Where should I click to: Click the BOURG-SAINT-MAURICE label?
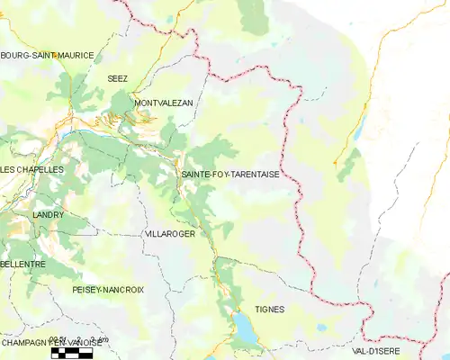(x=47, y=55)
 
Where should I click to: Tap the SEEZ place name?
(x=118, y=78)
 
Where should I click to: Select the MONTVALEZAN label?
(x=163, y=103)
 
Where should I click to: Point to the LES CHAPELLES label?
(x=31, y=169)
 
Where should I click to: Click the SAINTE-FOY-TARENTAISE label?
(x=237, y=175)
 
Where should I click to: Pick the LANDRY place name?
(x=48, y=216)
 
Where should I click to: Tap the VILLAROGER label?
(x=169, y=233)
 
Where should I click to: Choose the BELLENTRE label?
(x=23, y=265)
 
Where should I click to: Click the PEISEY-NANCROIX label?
(x=108, y=290)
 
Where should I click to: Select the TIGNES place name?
(x=269, y=309)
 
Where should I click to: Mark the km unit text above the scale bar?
(x=101, y=339)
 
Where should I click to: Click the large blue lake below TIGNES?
(x=244, y=328)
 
